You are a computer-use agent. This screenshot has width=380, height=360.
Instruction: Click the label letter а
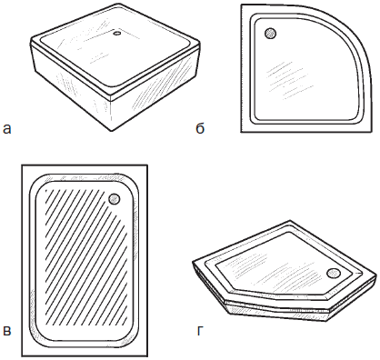pos(7,129)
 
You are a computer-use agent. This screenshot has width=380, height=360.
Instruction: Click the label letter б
pos(200,128)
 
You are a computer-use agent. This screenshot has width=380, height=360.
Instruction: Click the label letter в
pos(6,331)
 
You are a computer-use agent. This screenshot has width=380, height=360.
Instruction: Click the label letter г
pos(200,331)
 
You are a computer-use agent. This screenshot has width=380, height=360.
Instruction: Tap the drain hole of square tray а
pos(116,33)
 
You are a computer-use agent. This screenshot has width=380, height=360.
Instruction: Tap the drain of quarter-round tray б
pos(270,34)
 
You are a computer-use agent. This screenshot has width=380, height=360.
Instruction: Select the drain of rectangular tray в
pos(114,199)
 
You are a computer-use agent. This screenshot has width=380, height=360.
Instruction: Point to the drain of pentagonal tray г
pos(333,273)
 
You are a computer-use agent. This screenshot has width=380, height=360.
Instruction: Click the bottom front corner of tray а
pos(111,131)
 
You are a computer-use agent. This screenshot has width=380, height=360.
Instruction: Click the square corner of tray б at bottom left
pos(242,132)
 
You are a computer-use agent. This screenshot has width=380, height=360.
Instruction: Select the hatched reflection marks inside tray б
pos(289,80)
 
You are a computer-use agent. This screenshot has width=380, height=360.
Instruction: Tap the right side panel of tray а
pos(155,92)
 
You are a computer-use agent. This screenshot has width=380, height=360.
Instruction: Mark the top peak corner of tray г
pos(290,221)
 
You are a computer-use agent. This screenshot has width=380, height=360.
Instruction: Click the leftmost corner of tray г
pos(193,261)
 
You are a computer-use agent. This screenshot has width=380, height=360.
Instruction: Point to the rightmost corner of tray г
pos(376,275)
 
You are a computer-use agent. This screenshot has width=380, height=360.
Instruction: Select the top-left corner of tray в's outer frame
pos(22,165)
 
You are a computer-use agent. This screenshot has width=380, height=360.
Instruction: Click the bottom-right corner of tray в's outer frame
pos(147,356)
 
